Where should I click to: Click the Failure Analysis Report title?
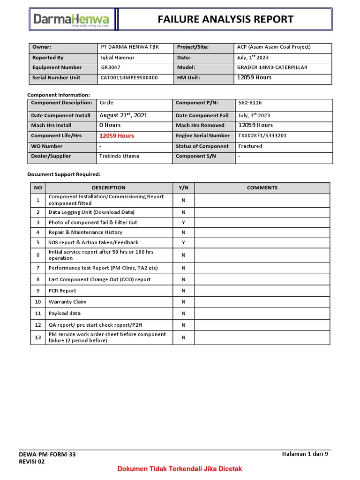(225, 19)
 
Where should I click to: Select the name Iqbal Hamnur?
(117, 57)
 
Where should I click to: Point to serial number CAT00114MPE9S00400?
(129, 78)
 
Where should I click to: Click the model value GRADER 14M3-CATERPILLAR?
(272, 67)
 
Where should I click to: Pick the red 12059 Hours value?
(117, 136)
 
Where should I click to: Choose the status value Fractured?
(250, 146)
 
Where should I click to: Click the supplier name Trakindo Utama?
(120, 156)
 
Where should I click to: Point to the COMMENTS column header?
(262, 187)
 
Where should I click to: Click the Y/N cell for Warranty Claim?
(184, 302)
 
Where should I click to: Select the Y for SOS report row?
(184, 242)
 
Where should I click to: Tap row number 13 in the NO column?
(38, 337)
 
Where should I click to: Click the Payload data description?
(65, 313)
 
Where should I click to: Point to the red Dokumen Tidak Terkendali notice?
(180, 469)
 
